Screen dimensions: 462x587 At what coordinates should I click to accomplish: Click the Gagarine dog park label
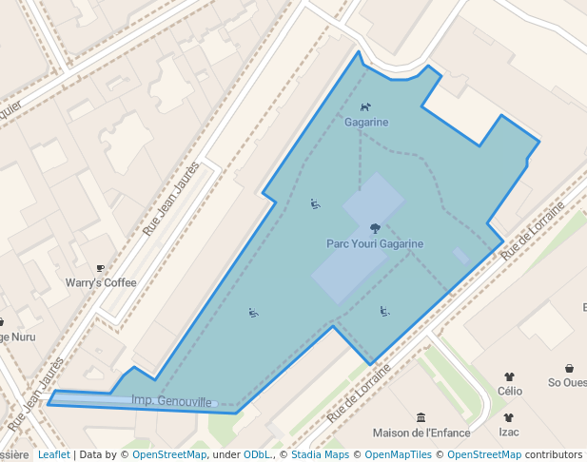[x=366, y=123]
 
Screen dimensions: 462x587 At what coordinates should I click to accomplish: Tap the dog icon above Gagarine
[x=365, y=107]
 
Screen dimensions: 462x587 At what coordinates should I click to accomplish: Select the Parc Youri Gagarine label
[x=375, y=243]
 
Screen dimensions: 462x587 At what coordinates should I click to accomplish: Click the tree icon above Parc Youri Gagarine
[x=375, y=228]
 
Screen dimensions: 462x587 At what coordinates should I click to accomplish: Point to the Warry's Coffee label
[x=101, y=282]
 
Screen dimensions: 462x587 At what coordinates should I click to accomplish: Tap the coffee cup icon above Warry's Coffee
[x=101, y=269]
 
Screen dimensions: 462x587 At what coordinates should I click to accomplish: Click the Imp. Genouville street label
[x=171, y=402]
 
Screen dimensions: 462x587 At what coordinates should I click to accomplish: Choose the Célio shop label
[x=509, y=390]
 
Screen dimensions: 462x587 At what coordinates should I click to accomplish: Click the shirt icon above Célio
[x=509, y=376]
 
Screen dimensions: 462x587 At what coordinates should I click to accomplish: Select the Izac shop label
[x=509, y=432]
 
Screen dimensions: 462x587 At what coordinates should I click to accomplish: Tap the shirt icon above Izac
[x=509, y=417]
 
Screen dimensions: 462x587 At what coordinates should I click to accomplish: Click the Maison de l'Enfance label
[x=421, y=433]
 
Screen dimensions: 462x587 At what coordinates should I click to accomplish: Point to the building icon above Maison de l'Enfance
[x=421, y=417]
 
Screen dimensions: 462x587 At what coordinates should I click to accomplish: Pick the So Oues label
[x=567, y=383]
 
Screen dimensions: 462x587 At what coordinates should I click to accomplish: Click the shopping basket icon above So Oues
[x=569, y=369]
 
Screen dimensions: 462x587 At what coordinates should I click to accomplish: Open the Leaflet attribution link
[x=53, y=454]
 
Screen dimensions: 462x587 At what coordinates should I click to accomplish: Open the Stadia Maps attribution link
[x=320, y=454]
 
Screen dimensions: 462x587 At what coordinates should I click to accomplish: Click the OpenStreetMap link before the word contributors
[x=484, y=454]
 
